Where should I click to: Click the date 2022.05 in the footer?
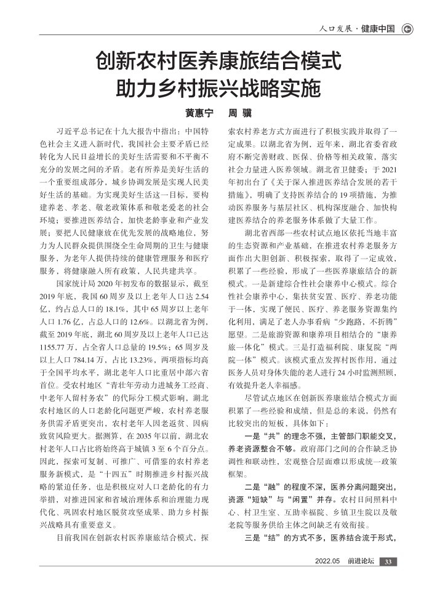tap(327, 562)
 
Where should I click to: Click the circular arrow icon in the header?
tap(407, 29)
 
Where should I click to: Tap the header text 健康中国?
tap(377, 29)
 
